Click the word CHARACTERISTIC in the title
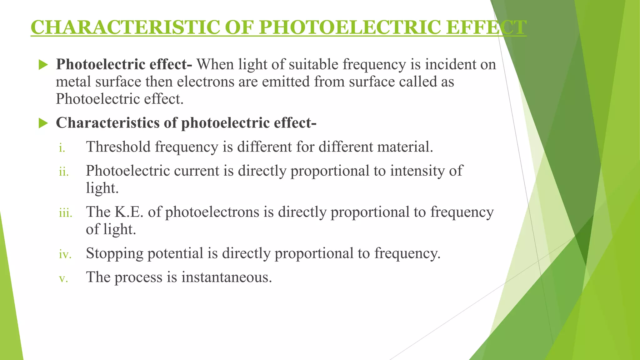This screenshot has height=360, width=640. (x=125, y=27)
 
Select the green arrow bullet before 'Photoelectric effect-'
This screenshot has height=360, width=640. (x=43, y=65)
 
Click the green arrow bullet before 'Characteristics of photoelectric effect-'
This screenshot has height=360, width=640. (x=43, y=123)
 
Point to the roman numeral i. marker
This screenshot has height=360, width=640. (x=62, y=147)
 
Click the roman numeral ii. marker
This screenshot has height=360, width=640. (x=64, y=172)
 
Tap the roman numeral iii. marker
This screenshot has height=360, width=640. (x=65, y=213)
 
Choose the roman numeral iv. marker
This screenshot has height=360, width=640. (x=65, y=254)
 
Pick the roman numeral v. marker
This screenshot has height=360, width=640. (x=63, y=278)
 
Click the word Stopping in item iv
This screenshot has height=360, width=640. (x=114, y=253)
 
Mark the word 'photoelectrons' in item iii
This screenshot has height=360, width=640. (x=212, y=212)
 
